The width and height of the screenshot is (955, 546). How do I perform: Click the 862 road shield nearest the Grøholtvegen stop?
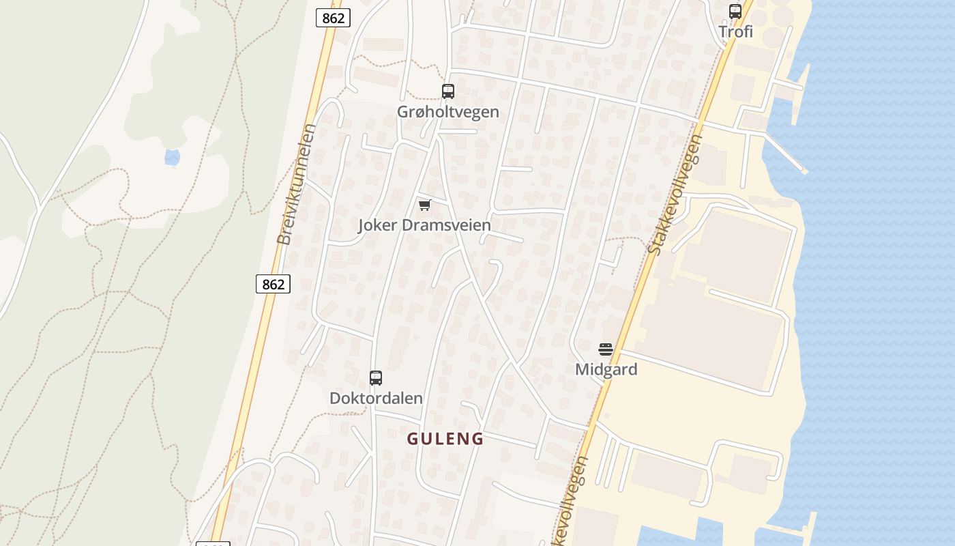point(333,18)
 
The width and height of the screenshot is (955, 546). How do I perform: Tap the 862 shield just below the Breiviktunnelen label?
point(273,284)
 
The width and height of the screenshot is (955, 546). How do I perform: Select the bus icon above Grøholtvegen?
point(448,91)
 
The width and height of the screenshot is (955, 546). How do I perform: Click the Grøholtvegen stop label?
point(448,111)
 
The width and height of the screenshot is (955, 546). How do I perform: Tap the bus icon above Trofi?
point(735,12)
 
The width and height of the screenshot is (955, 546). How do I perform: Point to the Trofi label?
point(736,31)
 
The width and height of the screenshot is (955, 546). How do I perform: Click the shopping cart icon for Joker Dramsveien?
point(424,205)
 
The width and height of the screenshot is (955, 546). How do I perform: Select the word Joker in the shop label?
point(378,225)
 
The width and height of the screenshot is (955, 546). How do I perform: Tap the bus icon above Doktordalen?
point(375,378)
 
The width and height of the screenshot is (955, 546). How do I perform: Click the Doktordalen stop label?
point(376,398)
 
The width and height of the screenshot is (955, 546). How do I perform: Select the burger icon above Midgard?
point(606,349)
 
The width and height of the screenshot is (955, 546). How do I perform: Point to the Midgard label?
point(606,369)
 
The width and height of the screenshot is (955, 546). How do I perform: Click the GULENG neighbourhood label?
point(445,439)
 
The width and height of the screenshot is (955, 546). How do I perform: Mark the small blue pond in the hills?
point(172,158)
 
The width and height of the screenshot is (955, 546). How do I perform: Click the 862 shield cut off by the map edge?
point(213,543)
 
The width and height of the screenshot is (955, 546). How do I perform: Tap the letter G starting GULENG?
point(413,439)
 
